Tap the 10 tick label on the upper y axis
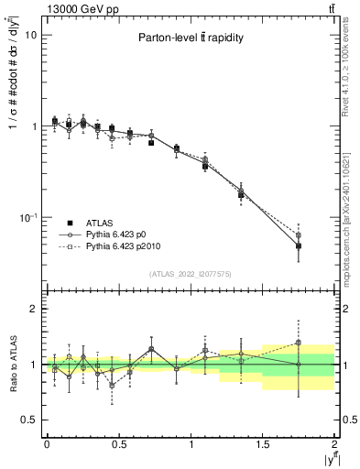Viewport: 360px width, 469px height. [30, 35]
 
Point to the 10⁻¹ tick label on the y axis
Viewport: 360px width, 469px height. [27, 218]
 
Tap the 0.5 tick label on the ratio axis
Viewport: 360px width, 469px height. [29, 420]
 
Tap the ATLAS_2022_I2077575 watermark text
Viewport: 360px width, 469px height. [191, 274]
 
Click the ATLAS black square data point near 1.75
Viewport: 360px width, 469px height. [299, 245]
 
